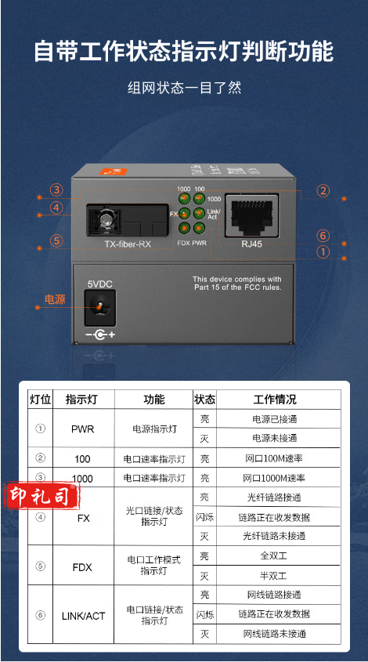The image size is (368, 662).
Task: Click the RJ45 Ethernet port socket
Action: [252, 215]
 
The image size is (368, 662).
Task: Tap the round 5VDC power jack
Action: [100, 307]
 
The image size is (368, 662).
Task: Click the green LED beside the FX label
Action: [185, 213]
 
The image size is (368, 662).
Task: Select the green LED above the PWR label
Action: [199, 229]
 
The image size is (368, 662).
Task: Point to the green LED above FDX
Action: [185, 229]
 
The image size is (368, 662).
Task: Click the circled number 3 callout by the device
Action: [56, 190]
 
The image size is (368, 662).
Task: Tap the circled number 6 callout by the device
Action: [323, 236]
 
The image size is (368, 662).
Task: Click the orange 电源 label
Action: [55, 299]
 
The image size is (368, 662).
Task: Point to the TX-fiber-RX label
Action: [128, 244]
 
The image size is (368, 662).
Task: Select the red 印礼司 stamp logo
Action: [41, 497]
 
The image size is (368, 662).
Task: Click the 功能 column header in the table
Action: [154, 400]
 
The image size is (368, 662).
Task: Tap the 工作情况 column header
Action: [275, 400]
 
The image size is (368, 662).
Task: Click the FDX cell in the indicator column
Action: [82, 567]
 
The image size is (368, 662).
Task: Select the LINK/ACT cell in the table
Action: [83, 617]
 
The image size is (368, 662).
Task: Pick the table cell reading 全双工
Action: [273, 555]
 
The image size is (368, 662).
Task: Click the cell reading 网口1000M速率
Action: [273, 478]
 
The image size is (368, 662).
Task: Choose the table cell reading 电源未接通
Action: [275, 438]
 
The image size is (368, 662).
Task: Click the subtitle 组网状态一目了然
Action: [185, 88]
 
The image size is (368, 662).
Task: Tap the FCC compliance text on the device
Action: [237, 284]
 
